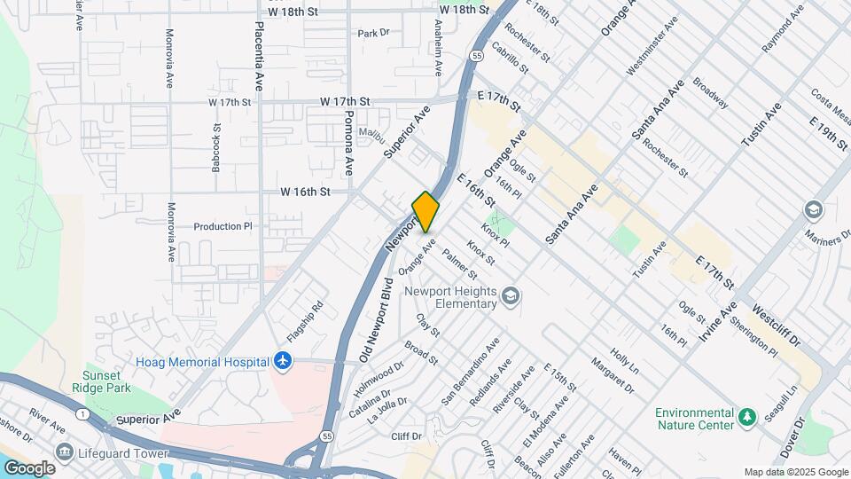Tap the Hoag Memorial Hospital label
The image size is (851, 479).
click(203, 362)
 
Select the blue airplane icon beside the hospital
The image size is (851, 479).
click(283, 361)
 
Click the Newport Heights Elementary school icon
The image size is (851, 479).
click(511, 295)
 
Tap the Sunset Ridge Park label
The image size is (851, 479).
click(107, 381)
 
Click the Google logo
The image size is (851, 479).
click(29, 467)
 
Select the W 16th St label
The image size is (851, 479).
click(305, 192)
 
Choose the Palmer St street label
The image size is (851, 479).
click(459, 260)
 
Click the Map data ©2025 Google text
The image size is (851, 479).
click(795, 472)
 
